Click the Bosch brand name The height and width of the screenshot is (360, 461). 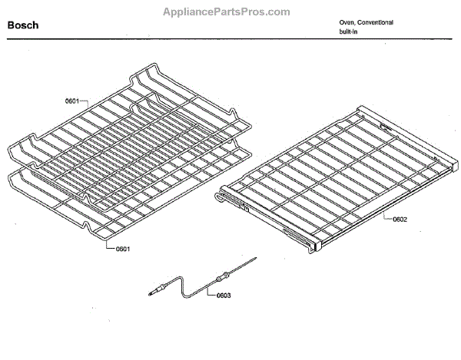[x=23, y=25]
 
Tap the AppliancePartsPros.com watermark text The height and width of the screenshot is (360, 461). [x=227, y=12]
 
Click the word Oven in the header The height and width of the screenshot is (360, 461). [x=347, y=22]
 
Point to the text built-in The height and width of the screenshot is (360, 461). [x=350, y=32]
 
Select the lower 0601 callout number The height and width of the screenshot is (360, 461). [x=122, y=249]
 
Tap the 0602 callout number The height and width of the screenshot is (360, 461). [x=400, y=220]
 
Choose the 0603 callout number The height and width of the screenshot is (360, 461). [x=224, y=295]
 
